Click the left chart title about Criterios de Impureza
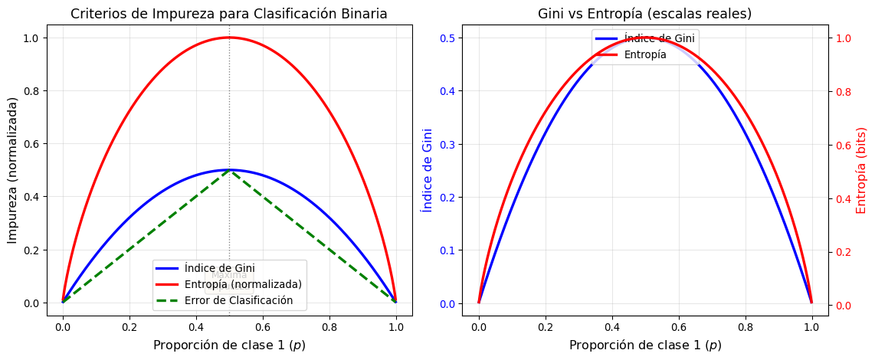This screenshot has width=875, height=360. pyautogui.click(x=229, y=14)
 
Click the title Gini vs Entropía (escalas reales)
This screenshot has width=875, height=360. pyautogui.click(x=644, y=14)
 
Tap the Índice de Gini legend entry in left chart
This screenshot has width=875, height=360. pyautogui.click(x=220, y=268)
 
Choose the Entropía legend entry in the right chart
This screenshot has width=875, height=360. pyautogui.click(x=644, y=54)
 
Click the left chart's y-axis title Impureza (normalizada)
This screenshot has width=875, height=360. pyautogui.click(x=13, y=170)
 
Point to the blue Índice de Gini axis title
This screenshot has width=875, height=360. pyautogui.click(x=427, y=170)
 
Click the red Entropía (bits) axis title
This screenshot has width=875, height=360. pyautogui.click(x=860, y=170)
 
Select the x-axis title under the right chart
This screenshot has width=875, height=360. pyautogui.click(x=644, y=345)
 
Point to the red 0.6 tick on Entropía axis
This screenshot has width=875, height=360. pyautogui.click(x=843, y=146)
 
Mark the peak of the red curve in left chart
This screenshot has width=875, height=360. pyautogui.click(x=229, y=38)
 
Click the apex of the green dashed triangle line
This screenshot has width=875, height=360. pyautogui.click(x=229, y=170)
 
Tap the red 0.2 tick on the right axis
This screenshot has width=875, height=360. pyautogui.click(x=843, y=252)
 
